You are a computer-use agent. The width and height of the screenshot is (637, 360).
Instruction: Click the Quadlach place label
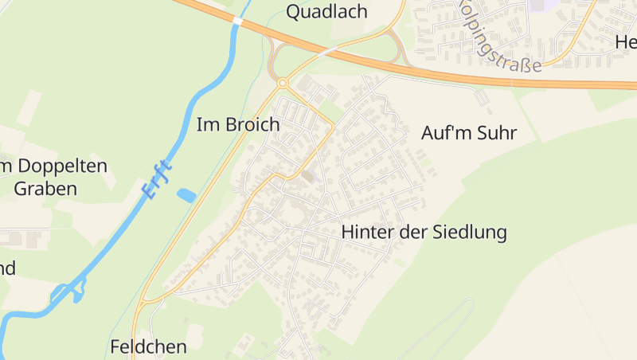pos(326,11)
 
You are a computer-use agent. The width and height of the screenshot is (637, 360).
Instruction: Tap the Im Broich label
pos(238,125)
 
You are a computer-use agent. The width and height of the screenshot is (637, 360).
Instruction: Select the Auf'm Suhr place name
pos(468,133)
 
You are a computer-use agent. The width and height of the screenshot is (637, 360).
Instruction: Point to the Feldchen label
pos(149,346)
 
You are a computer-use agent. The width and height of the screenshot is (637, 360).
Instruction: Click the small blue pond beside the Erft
pos(186,194)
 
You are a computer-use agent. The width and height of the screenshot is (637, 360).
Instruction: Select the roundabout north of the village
pos(282,82)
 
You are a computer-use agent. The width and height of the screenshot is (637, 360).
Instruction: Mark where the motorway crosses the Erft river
pos(237,21)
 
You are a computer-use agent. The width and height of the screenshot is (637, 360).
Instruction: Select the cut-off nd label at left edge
pos(7,268)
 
